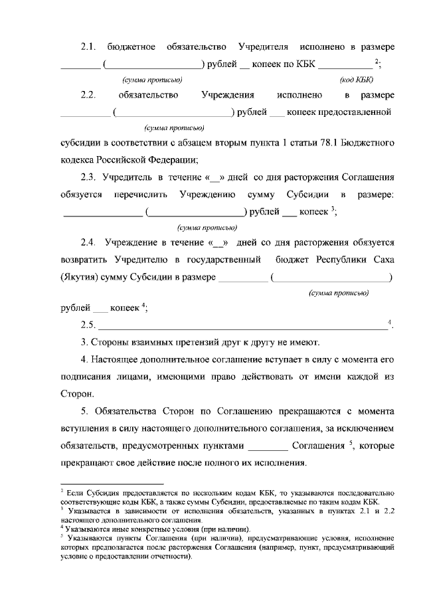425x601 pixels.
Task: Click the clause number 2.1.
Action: tap(88, 47)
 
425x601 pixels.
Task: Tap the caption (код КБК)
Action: tap(356, 80)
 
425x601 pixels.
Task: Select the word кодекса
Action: tap(79, 159)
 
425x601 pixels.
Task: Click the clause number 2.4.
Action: tap(89, 243)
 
